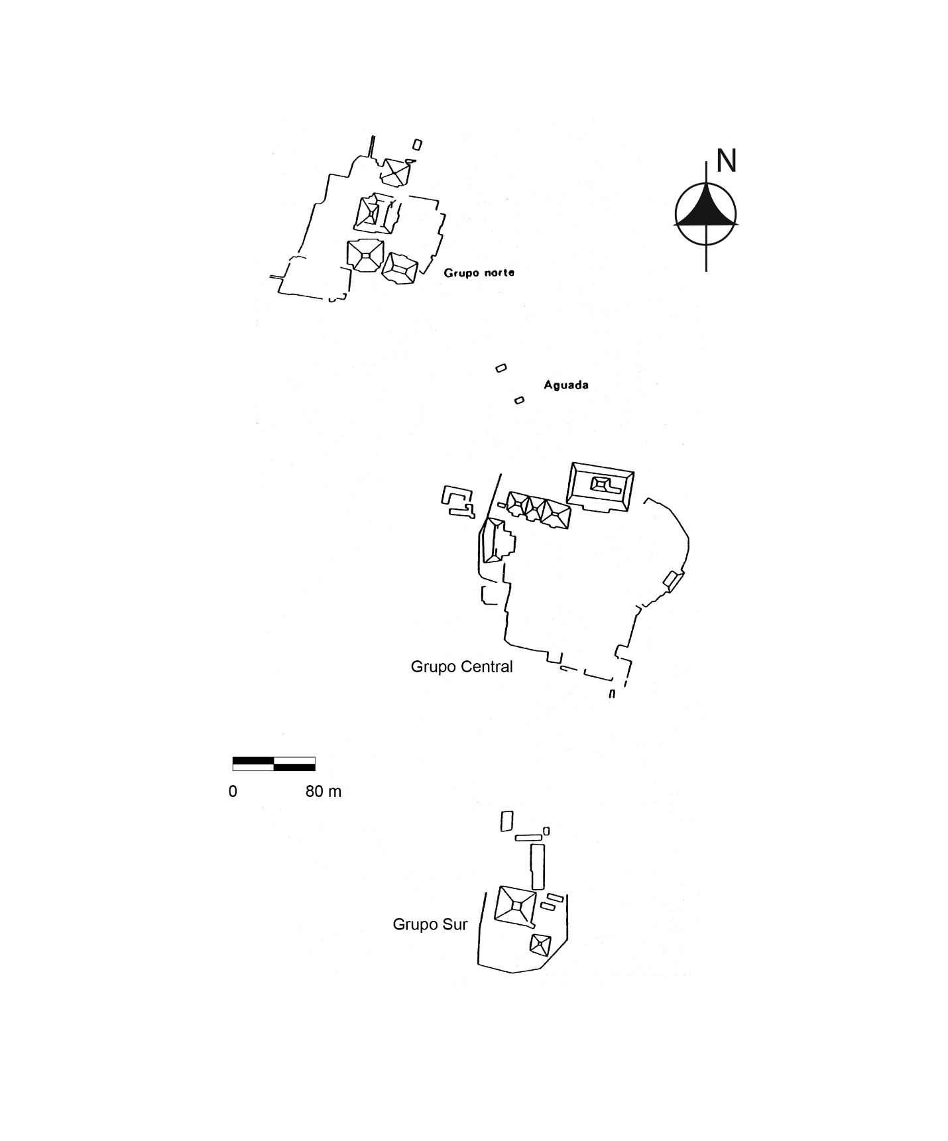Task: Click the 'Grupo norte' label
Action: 479,272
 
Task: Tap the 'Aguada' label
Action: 566,385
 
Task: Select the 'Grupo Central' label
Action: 461,666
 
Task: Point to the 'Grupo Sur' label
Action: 430,924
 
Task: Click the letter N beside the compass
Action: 727,161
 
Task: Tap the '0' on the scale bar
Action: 233,791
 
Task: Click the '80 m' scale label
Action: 324,791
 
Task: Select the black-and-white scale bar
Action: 274,764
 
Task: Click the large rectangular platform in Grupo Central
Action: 600,487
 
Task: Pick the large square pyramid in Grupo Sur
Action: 515,905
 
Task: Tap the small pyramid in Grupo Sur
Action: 541,944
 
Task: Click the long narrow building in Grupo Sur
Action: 538,867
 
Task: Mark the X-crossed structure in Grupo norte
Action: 395,172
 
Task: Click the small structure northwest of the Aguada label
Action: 501,368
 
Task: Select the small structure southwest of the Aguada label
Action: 520,400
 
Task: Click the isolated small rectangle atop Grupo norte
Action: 417,145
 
